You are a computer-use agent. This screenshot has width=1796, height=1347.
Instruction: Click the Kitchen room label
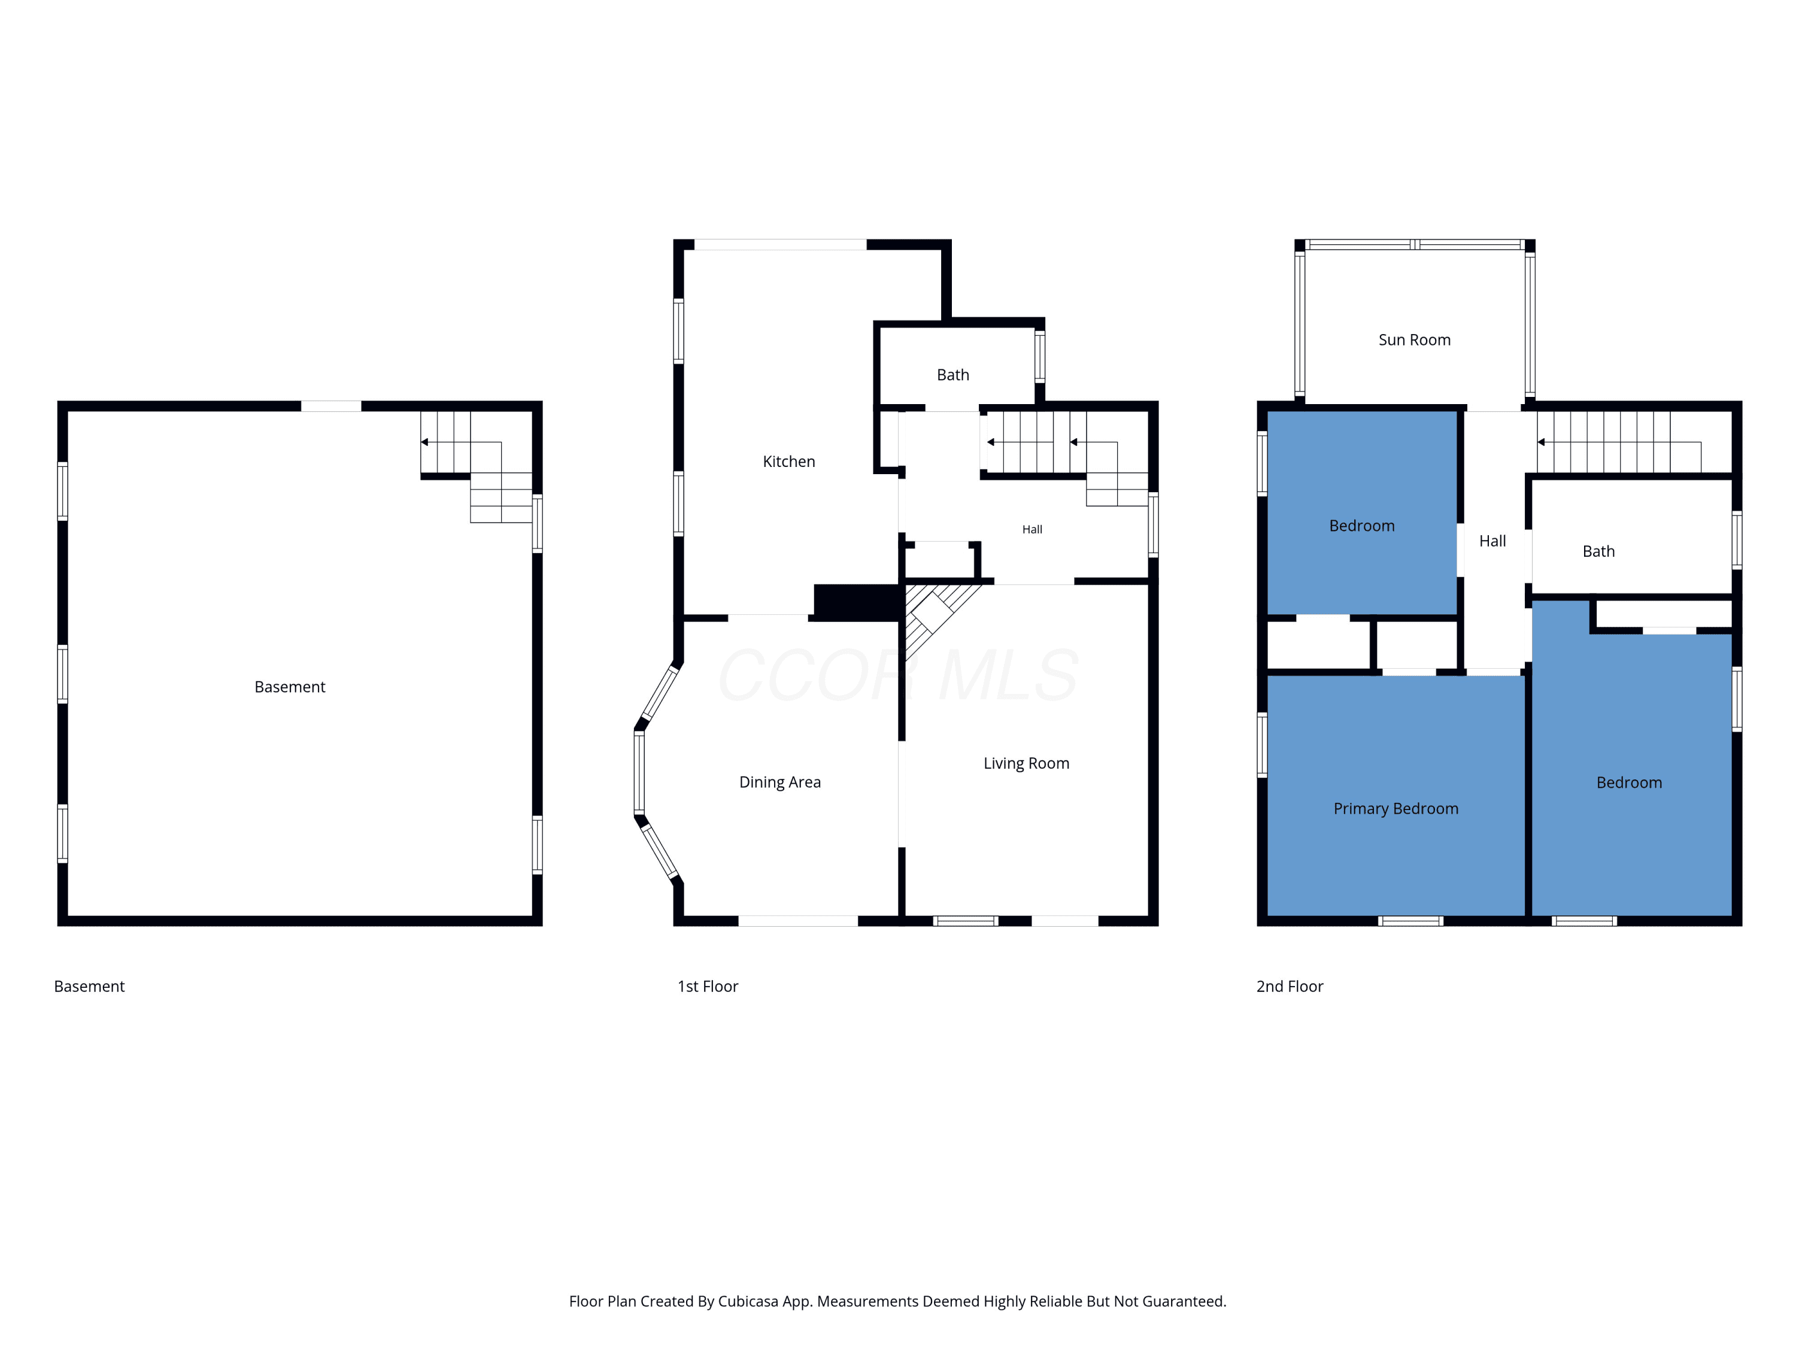point(788,461)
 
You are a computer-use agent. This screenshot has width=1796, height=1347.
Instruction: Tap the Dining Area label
point(779,782)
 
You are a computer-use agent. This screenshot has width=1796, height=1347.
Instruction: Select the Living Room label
point(1026,763)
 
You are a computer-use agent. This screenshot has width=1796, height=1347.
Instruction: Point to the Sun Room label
point(1415,339)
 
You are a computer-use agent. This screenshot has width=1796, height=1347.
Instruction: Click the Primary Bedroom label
point(1395,809)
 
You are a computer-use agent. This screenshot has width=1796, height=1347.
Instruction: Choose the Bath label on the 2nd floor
point(1598,551)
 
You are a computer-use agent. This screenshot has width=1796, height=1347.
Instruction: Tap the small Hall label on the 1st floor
point(1032,529)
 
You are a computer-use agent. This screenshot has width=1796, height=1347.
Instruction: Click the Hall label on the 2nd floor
point(1492,541)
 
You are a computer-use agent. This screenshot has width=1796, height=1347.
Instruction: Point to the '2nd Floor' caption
point(1290,987)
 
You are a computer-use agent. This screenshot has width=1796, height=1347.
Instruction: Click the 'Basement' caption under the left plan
point(89,987)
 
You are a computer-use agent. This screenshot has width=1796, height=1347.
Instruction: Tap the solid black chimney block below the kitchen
point(857,602)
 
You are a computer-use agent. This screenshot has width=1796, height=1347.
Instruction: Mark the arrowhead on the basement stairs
point(424,442)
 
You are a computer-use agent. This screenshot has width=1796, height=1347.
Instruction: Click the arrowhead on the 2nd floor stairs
point(1541,442)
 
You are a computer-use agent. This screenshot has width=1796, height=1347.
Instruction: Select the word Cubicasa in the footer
point(748,1302)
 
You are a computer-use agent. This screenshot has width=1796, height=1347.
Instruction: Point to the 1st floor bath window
point(1039,356)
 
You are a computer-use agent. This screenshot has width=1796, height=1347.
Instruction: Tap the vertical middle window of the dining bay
point(639,772)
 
